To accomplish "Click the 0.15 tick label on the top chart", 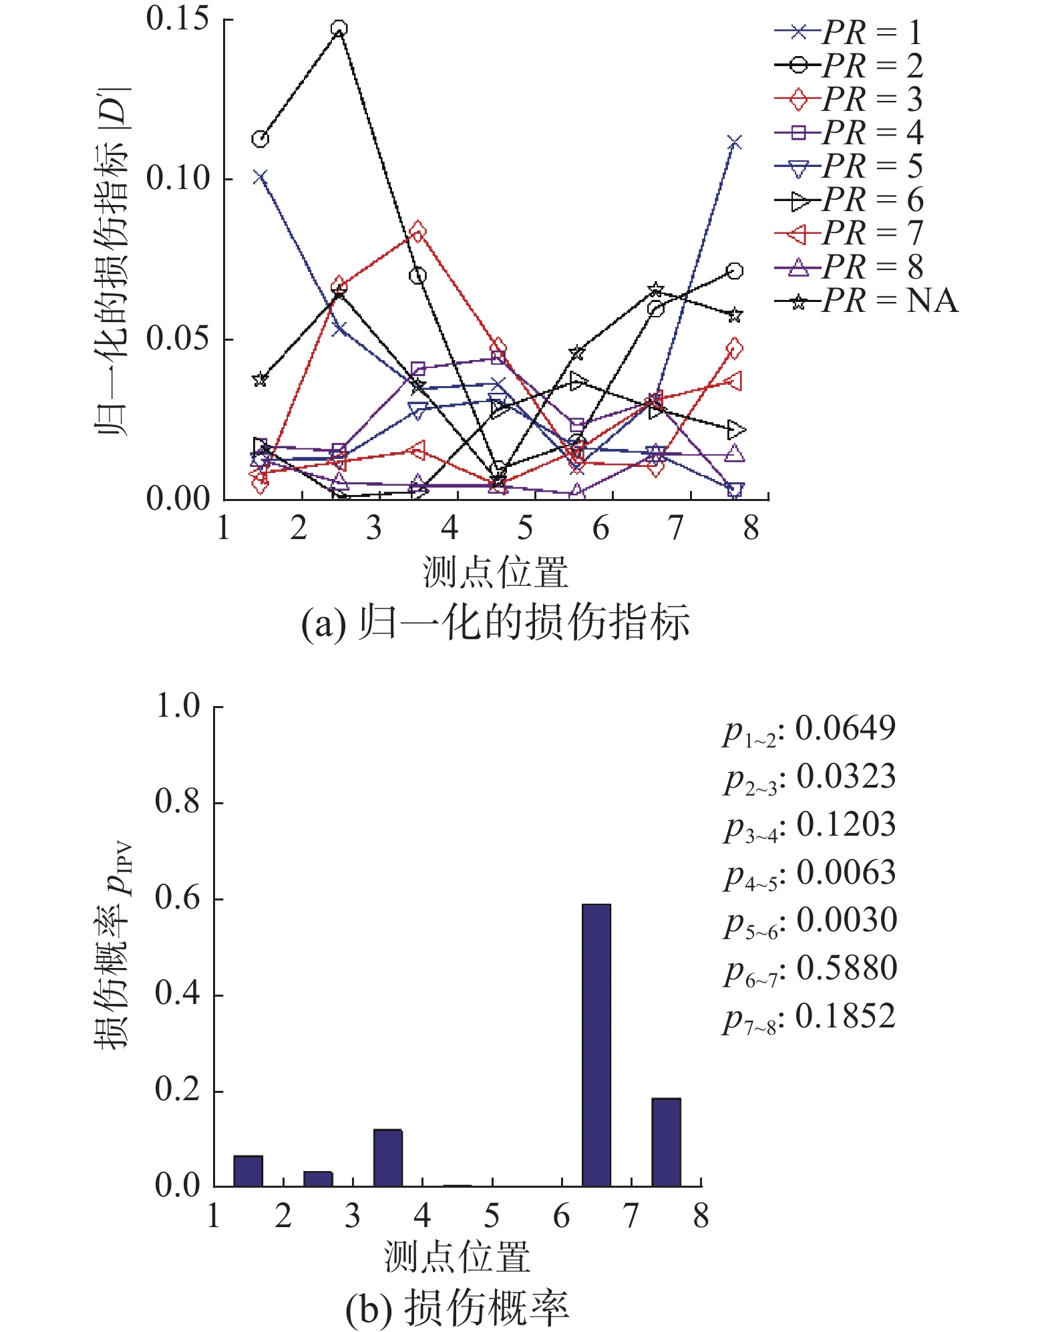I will [178, 19].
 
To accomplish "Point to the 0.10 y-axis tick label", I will [178, 178].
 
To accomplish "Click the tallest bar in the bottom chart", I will [596, 1045].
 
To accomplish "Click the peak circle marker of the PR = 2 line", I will [339, 29].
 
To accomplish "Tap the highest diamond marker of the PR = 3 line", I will [418, 232].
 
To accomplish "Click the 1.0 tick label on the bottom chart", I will [178, 706].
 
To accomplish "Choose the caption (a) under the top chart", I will [495, 623].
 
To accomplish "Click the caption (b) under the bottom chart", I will [457, 1307].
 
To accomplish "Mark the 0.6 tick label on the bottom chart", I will [178, 898].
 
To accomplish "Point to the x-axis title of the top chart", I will [495, 573].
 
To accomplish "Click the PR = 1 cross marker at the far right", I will [734, 143].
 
